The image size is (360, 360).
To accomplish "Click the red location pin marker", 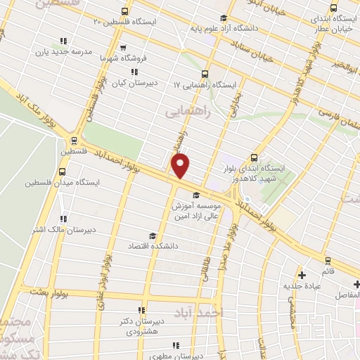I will point(181,165).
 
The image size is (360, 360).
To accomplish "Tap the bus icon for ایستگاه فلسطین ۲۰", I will point(124,11).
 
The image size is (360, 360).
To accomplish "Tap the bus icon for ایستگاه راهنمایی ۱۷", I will point(204,73).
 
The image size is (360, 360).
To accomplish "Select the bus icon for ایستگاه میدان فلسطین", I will point(63,171).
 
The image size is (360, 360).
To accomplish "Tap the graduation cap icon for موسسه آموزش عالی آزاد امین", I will point(195,195).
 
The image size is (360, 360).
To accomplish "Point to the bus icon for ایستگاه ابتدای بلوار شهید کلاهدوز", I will point(255,158).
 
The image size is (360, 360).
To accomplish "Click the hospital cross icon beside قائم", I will point(302,275).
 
